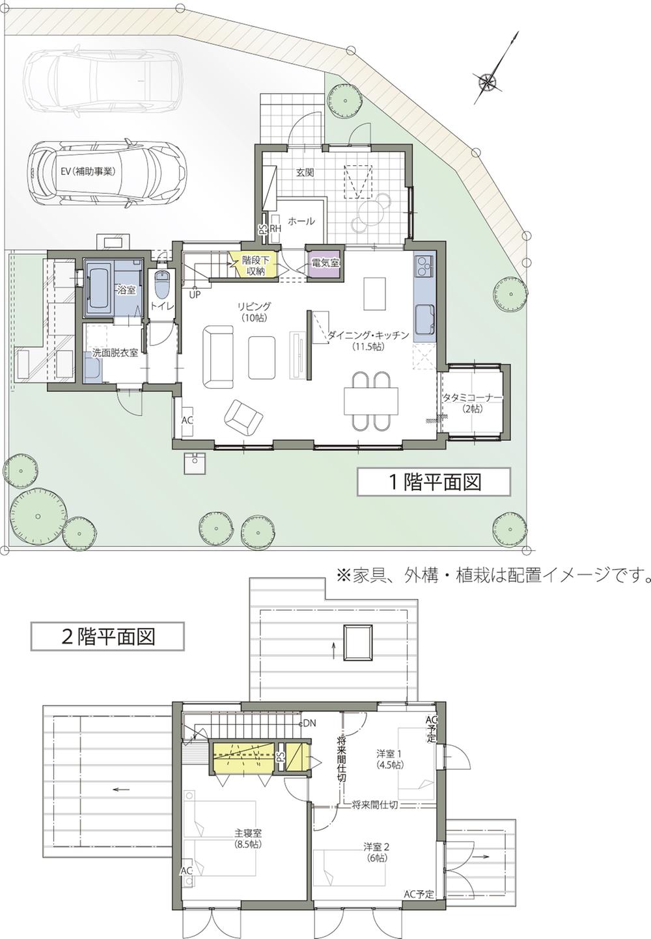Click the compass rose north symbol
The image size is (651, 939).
coord(487,81)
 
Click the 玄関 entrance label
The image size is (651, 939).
coord(305,172)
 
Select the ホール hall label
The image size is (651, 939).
coord(301,221)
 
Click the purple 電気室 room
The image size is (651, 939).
coord(324,263)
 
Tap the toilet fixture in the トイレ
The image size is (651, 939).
coord(162,282)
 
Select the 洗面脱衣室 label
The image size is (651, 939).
coord(115,352)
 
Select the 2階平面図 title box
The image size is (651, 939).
coord(107,635)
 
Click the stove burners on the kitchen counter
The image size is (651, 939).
coord(423,265)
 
